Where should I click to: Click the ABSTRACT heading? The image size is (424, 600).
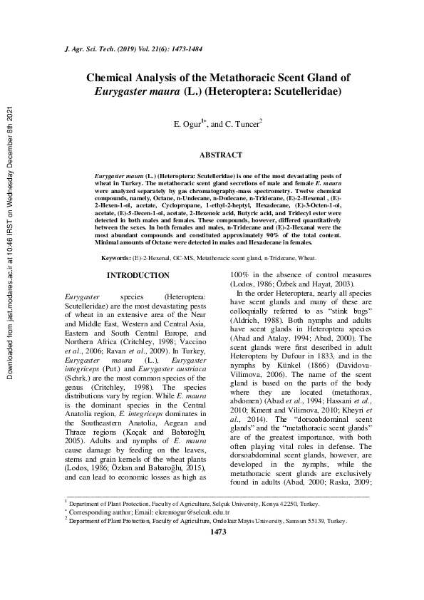click(220, 155)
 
